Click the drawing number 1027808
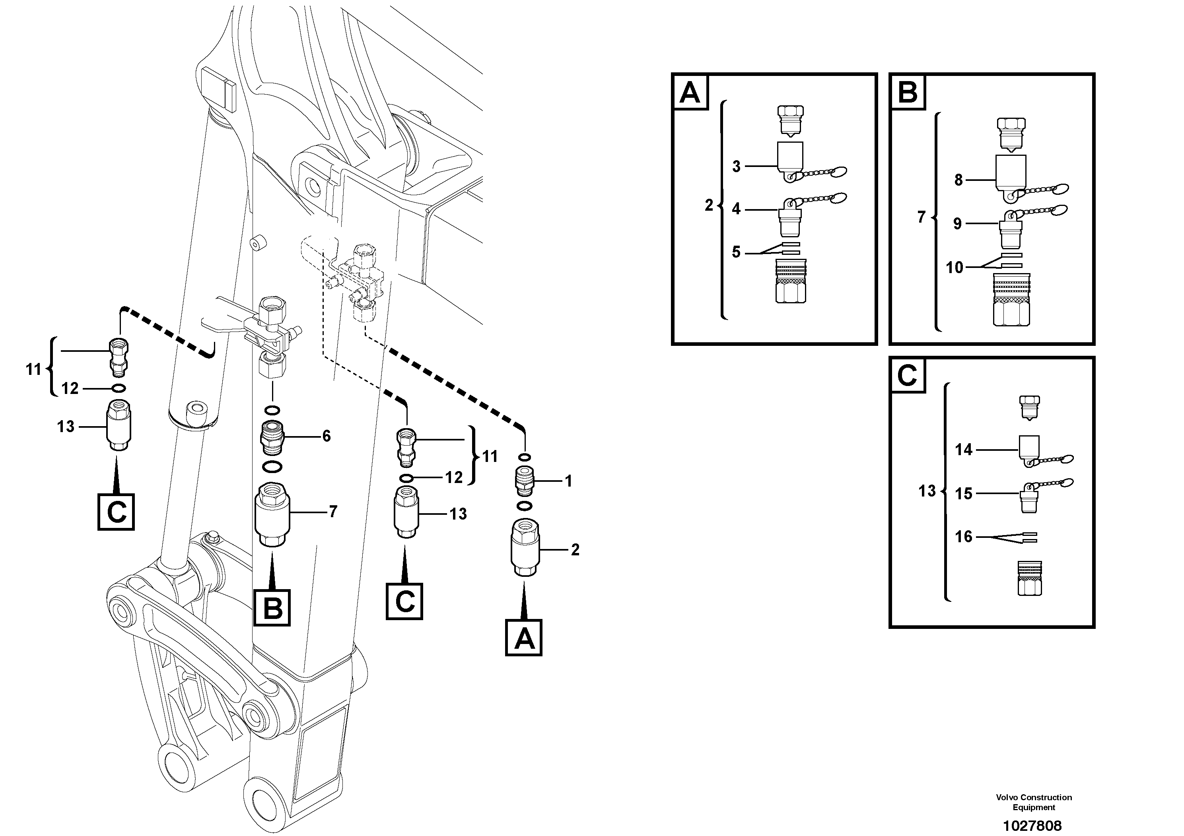(x=1032, y=826)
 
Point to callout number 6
(x=327, y=436)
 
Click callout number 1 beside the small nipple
(x=568, y=481)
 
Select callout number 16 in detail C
(x=963, y=537)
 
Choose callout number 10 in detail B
(x=955, y=267)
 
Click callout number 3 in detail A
(x=737, y=166)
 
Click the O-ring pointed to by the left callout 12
(x=118, y=388)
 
